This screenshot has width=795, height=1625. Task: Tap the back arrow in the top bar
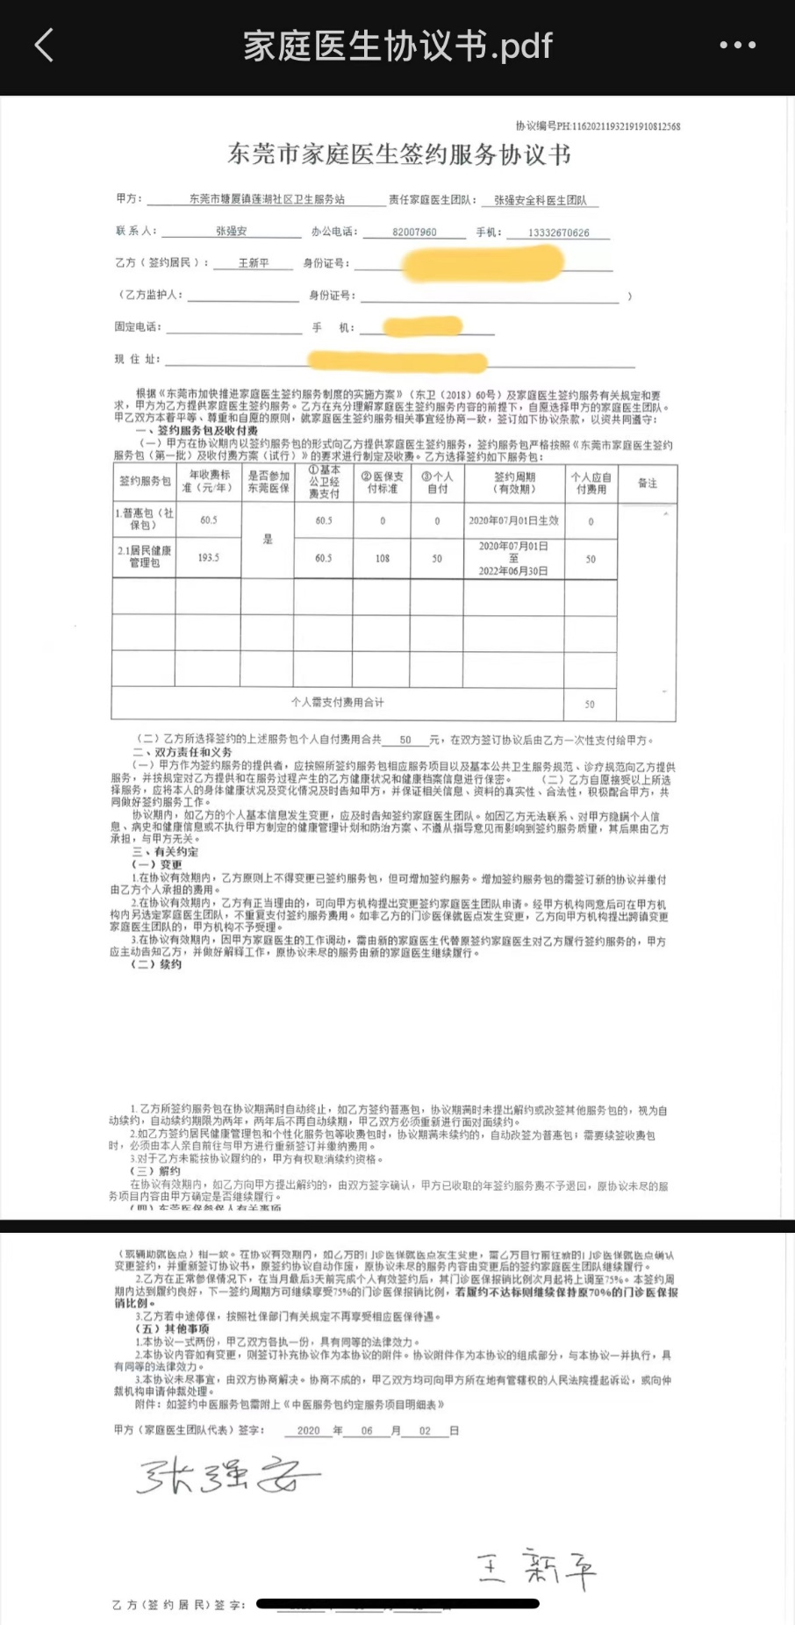[x=44, y=46]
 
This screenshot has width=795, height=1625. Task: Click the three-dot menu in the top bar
[x=737, y=46]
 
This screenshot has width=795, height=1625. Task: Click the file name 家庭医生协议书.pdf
[x=397, y=46]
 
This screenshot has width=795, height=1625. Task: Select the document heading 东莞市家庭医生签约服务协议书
[x=399, y=155]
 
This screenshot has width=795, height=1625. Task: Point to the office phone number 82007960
[x=414, y=233]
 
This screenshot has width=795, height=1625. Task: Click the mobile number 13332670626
[x=558, y=233]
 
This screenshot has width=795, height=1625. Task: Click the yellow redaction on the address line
[x=397, y=361]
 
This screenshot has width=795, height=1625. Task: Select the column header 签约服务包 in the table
[x=145, y=482]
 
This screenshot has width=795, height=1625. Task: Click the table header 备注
[x=647, y=483]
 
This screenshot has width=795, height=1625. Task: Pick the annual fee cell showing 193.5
[x=208, y=558]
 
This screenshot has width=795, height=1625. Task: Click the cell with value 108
[x=382, y=559]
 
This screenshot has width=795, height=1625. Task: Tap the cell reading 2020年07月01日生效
[x=513, y=520]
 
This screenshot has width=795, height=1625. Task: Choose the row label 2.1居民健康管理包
[x=145, y=557]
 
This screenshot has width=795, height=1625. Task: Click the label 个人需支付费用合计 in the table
[x=337, y=703]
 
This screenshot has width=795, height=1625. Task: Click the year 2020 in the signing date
[x=308, y=1430]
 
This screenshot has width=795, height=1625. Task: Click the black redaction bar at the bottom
[x=397, y=1604]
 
